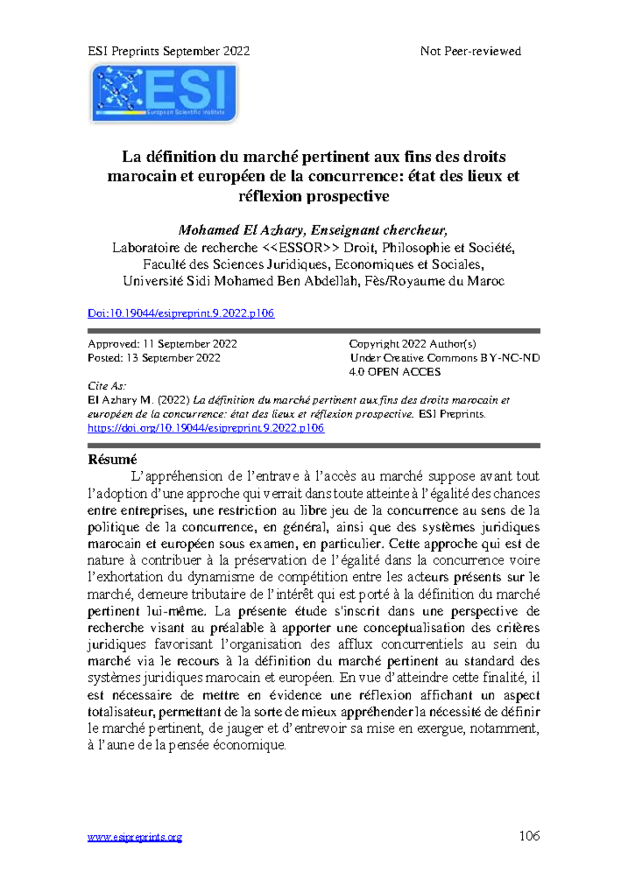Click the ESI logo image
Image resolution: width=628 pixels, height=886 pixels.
point(164,93)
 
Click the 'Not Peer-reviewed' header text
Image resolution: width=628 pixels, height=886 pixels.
point(470,51)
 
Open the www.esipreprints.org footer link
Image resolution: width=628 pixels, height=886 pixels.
point(134,837)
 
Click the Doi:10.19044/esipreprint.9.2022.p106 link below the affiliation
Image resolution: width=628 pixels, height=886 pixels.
point(181,313)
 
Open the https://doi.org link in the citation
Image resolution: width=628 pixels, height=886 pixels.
point(206,428)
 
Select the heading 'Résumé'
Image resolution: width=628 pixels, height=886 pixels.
point(112,459)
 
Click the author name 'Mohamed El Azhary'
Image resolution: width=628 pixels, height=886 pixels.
point(241,230)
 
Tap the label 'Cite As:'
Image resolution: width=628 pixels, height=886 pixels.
point(107,386)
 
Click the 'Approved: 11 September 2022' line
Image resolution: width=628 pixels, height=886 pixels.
point(162,344)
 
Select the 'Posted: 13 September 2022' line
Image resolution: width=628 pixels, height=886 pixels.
point(154,358)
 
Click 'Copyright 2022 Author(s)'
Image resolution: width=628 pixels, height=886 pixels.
point(412,344)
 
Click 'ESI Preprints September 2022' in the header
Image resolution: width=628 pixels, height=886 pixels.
point(169,51)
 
